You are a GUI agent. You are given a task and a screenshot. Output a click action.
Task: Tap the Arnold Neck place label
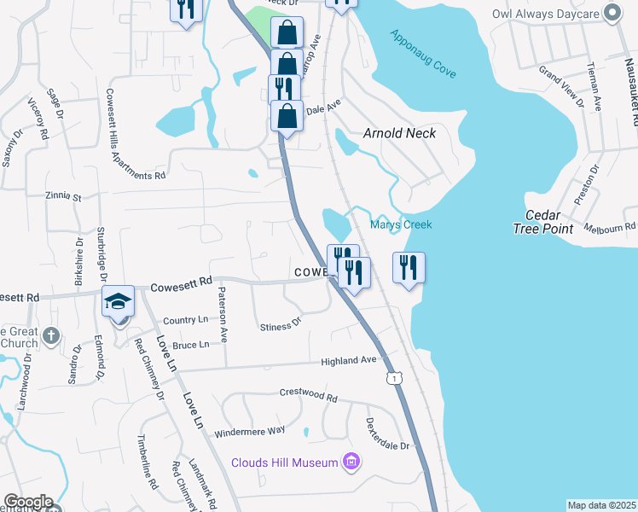click(x=399, y=133)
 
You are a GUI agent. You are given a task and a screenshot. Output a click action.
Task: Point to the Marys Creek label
click(x=401, y=224)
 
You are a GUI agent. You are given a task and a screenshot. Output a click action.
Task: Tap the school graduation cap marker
click(x=119, y=301)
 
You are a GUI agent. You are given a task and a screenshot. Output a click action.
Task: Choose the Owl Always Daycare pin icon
click(x=611, y=13)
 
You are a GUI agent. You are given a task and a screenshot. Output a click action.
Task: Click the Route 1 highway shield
click(x=392, y=376)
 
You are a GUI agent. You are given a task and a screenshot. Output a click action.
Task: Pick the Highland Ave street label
click(x=348, y=361)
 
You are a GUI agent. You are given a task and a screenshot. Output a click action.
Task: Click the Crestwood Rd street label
click(x=309, y=395)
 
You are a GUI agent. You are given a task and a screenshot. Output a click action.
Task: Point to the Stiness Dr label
click(x=281, y=325)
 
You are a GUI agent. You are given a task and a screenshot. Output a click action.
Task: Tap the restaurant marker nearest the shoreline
click(x=409, y=268)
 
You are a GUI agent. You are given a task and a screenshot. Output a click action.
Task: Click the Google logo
click(x=27, y=502)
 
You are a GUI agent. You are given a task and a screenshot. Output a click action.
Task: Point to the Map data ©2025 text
click(x=601, y=505)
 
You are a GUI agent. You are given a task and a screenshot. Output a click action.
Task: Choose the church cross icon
click(x=51, y=335)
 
